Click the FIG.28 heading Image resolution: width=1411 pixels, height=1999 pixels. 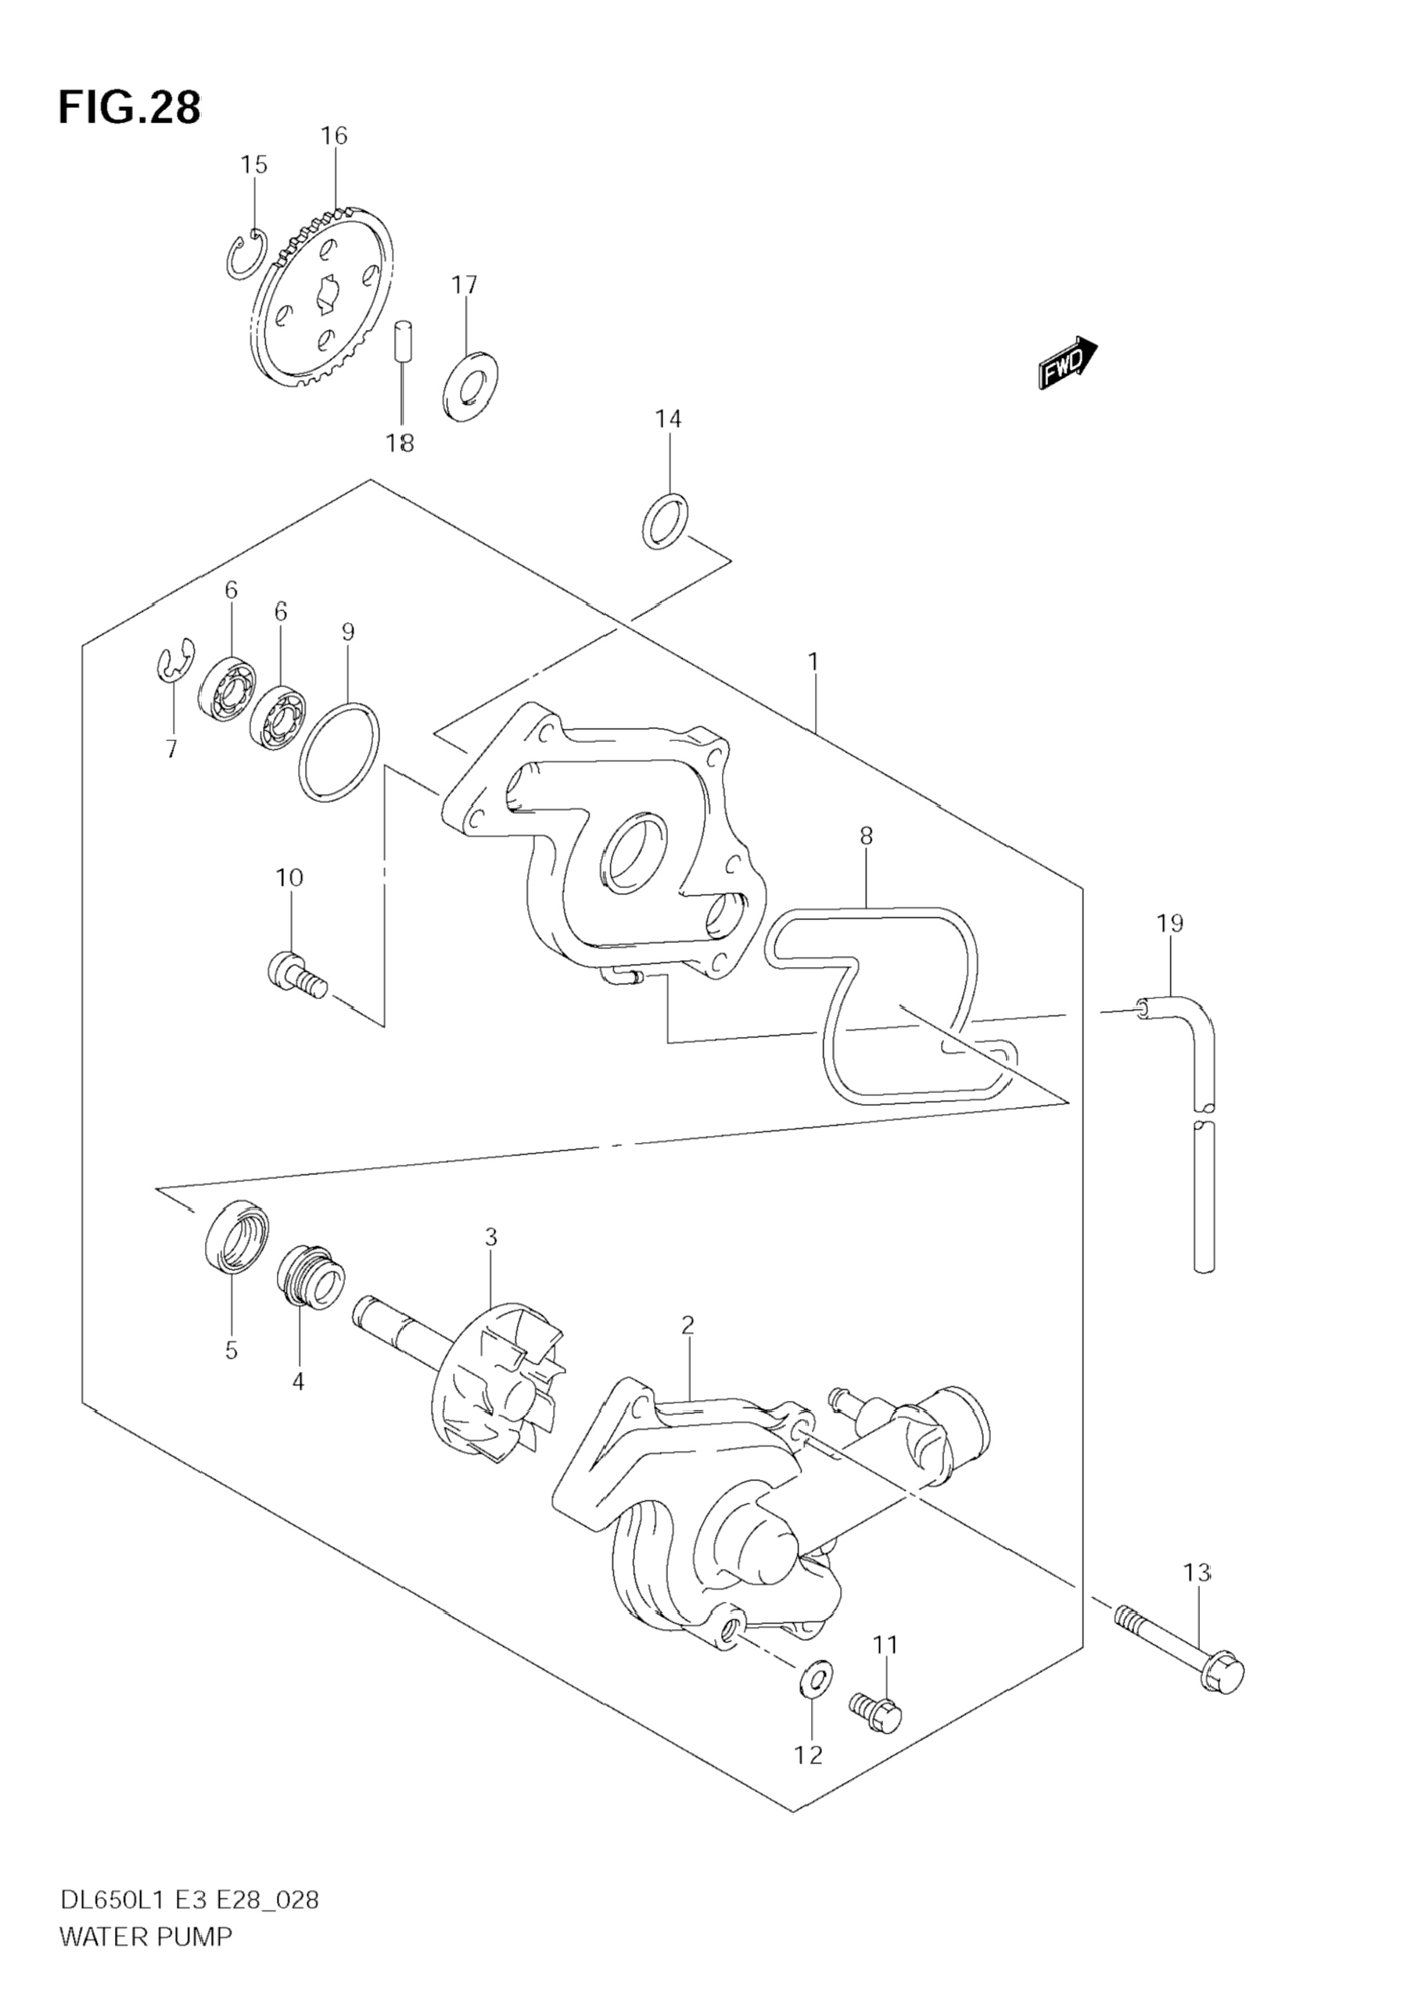pyautogui.click(x=129, y=108)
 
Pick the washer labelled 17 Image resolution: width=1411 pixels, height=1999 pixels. pyautogui.click(x=470, y=384)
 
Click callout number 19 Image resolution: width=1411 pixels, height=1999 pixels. pyautogui.click(x=1170, y=922)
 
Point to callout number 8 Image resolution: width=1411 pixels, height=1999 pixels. pyautogui.click(x=865, y=836)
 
